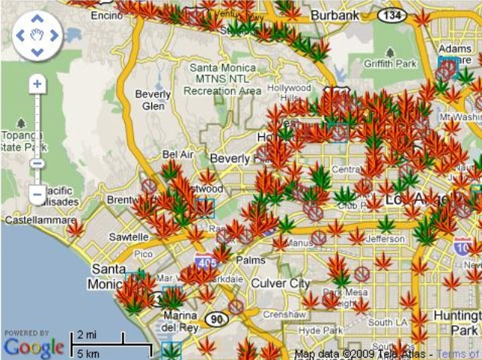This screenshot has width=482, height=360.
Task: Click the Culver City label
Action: (x=279, y=283)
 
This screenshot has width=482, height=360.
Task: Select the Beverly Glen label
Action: (x=154, y=100)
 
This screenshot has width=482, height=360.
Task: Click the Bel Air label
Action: (x=178, y=154)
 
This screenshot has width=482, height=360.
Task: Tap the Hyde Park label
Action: (x=321, y=331)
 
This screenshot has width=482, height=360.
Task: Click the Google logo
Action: (x=33, y=347)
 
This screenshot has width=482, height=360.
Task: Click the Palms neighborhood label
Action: (x=250, y=261)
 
